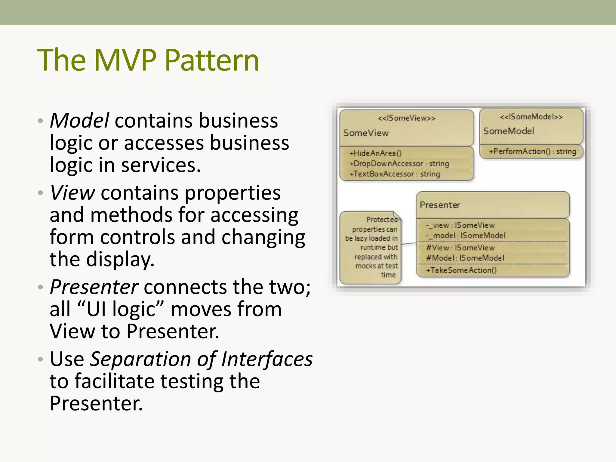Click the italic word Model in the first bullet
[79, 120]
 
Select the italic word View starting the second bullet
[72, 192]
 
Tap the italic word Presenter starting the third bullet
[94, 287]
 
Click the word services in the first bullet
[161, 165]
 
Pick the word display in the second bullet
[120, 259]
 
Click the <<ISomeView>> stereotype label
[406, 118]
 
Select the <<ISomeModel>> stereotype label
[531, 117]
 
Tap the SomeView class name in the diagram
[366, 133]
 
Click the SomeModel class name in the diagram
[509, 131]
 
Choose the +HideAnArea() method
[375, 153]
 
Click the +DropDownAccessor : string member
[399, 164]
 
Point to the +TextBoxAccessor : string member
[395, 174]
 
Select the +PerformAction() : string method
[532, 151]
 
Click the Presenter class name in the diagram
[440, 205]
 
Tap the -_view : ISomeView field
[460, 225]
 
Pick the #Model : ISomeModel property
[465, 258]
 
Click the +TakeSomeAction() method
[461, 270]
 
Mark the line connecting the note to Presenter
[409, 244]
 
